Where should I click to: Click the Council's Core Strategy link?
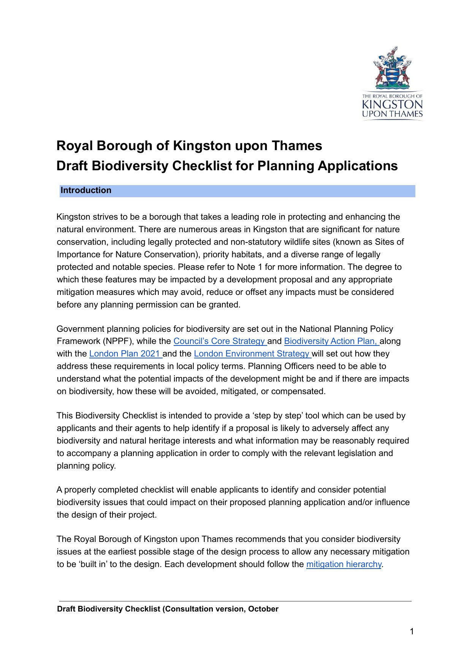click(x=220, y=341)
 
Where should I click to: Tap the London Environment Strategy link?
click(x=252, y=354)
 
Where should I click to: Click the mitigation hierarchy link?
click(x=344, y=564)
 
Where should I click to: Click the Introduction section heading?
click(x=86, y=190)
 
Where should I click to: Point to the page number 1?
click(x=412, y=632)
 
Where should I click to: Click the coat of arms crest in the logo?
click(x=392, y=68)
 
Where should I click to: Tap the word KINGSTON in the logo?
click(x=392, y=105)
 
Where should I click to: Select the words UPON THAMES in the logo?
click(x=392, y=114)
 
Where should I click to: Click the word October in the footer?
click(x=263, y=609)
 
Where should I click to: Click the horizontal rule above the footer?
click(x=235, y=601)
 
